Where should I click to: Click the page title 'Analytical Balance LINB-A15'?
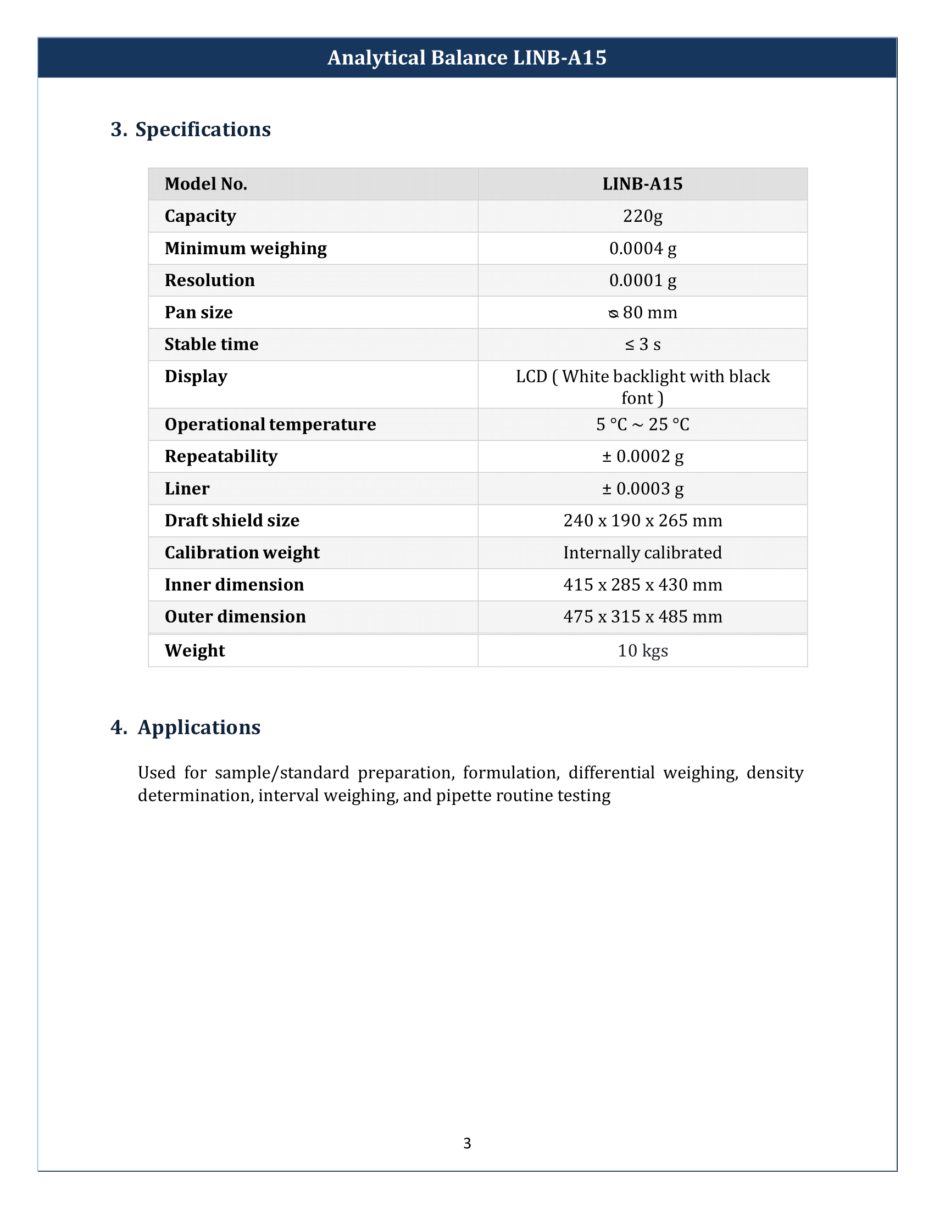coord(466,58)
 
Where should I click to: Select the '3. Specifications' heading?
coord(191,130)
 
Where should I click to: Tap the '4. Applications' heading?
coord(185,728)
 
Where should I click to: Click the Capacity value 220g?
coord(642,216)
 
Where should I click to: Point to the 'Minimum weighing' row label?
coord(246,248)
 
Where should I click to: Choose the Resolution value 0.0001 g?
coord(642,281)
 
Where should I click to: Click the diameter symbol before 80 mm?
coord(613,314)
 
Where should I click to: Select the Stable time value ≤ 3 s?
coord(642,345)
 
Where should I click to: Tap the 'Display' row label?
coord(196,377)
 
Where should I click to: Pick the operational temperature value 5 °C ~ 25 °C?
coord(642,424)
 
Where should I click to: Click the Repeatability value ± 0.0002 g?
coord(642,456)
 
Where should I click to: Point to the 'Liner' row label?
coord(187,488)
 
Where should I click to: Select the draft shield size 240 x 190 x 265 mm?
coord(642,521)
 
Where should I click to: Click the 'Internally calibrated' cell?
coord(642,552)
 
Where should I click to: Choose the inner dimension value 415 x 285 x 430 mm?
coord(642,585)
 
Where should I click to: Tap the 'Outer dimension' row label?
coord(235,617)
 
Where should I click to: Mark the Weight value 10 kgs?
coord(642,651)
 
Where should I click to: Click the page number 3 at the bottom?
coord(467,1143)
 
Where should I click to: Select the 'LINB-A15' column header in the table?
coord(642,183)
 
